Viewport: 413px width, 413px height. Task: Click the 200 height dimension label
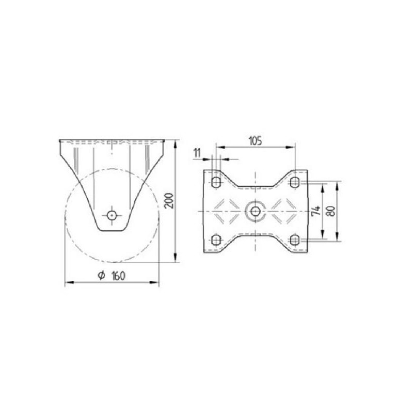click(169, 201)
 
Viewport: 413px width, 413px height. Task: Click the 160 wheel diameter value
click(118, 276)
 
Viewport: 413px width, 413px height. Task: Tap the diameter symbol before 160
click(101, 276)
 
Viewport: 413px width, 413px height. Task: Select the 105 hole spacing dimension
click(255, 141)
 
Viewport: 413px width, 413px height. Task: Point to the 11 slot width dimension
click(197, 153)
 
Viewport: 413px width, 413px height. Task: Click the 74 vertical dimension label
click(316, 211)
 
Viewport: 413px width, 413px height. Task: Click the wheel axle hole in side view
click(112, 215)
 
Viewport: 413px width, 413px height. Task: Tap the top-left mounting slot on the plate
click(216, 182)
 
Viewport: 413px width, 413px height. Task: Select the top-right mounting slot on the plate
click(295, 182)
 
